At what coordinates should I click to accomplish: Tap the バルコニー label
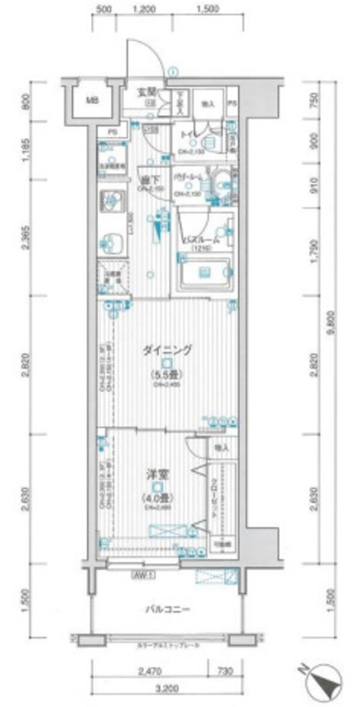tap(168, 610)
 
